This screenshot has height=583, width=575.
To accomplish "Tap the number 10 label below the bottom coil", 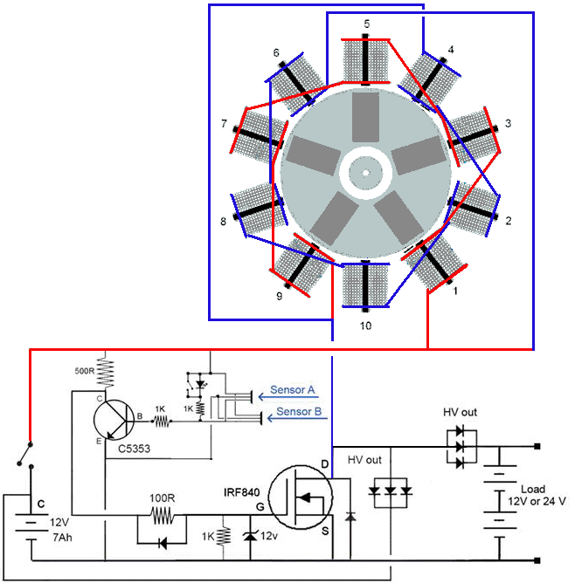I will click(366, 326).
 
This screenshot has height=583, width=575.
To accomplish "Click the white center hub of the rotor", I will click(367, 169).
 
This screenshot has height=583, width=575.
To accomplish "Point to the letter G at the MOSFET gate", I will click(259, 505).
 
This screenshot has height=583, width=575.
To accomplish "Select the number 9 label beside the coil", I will click(278, 297).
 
